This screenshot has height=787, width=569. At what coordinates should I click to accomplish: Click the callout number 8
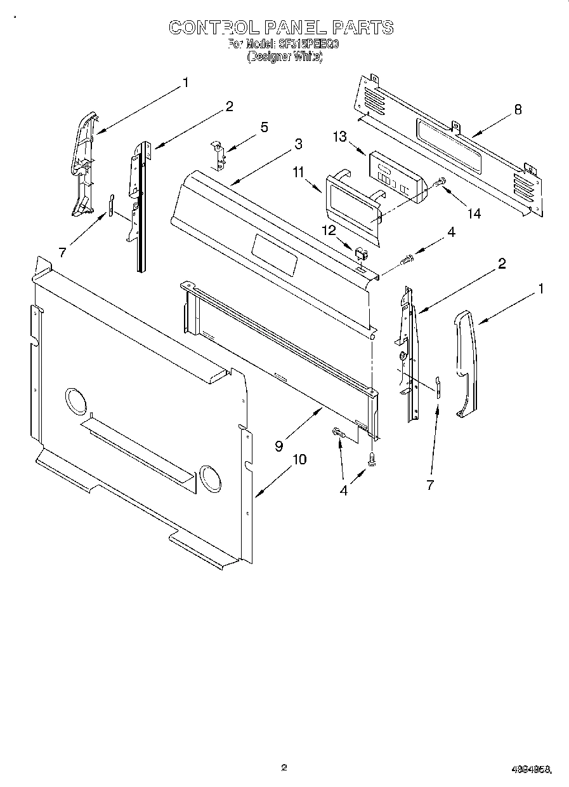tap(518, 109)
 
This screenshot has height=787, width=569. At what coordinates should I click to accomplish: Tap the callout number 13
tap(341, 137)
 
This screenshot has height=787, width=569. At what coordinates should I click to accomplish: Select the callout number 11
tap(299, 171)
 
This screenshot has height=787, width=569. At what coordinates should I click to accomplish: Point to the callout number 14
tap(474, 214)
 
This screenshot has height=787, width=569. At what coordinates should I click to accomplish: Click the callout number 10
tap(299, 460)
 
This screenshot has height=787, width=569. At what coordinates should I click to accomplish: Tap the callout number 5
tap(264, 127)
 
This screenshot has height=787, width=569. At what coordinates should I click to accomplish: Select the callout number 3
tap(298, 144)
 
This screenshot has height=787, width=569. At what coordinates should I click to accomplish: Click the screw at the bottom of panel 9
tap(372, 461)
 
